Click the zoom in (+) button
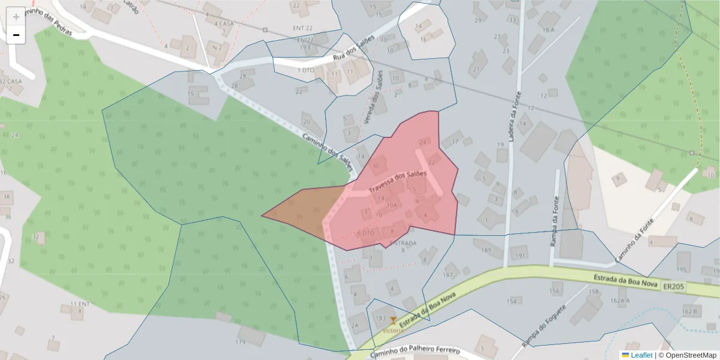(x=16, y=16)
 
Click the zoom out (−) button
(x=16, y=35)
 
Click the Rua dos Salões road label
(x=353, y=49)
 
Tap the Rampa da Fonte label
(x=554, y=222)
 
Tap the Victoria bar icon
(x=393, y=320)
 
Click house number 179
(x=241, y=343)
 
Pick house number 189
(x=486, y=250)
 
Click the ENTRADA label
(x=403, y=243)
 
